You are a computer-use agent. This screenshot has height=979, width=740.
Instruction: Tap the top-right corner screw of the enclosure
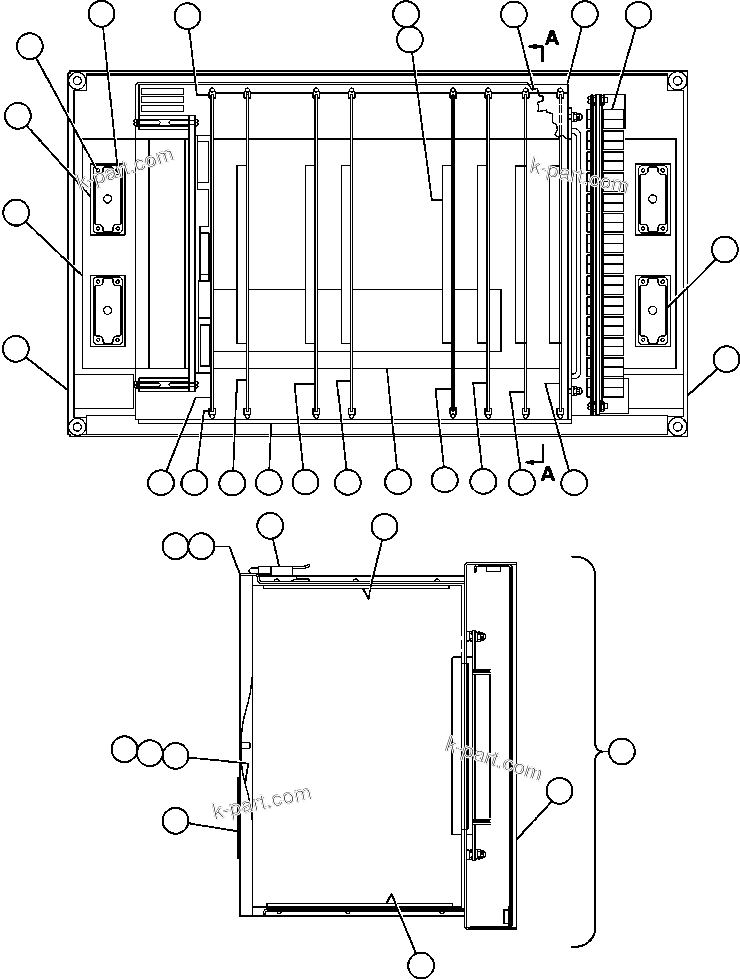coord(678,80)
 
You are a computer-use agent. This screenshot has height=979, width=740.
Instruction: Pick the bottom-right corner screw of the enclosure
coord(678,426)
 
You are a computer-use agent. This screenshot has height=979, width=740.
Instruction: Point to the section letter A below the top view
coord(548,474)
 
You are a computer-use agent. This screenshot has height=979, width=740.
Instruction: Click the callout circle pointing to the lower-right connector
coord(725,249)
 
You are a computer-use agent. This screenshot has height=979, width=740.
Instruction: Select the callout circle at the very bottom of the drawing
coord(422,964)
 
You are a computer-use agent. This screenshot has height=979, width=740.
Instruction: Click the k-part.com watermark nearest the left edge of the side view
coord(262,800)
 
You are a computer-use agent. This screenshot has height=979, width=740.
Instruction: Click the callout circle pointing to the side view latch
coord(271,526)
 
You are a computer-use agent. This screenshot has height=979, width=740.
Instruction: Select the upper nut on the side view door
coord(477,635)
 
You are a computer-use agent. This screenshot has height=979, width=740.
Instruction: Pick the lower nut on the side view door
coord(477,854)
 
